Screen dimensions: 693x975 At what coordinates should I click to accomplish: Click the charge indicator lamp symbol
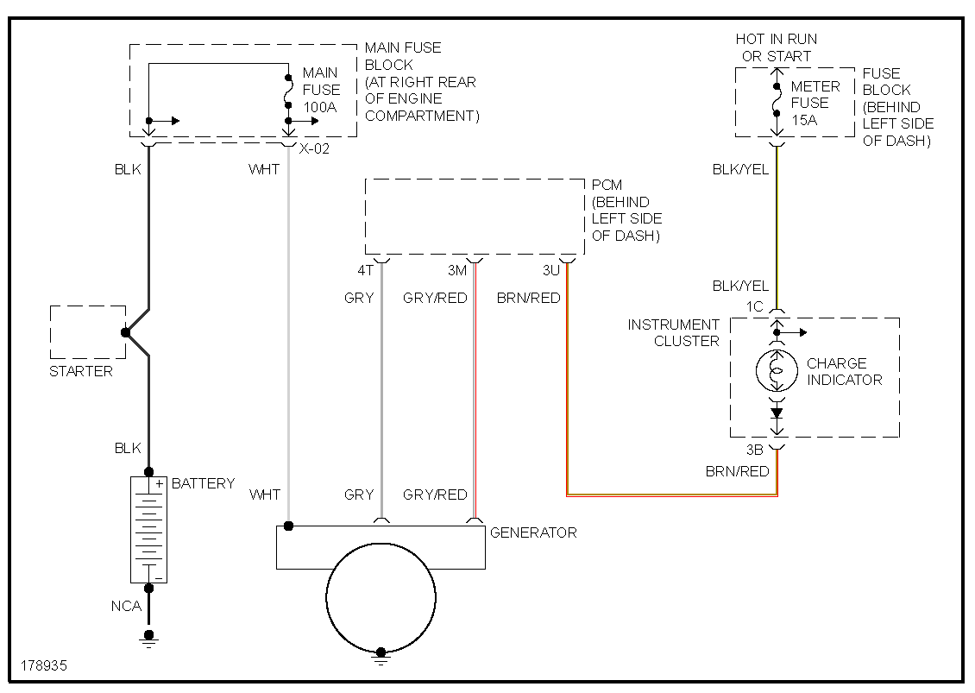point(777,372)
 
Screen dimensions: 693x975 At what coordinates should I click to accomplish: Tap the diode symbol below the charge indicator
point(777,413)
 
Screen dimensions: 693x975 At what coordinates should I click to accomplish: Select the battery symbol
point(148,530)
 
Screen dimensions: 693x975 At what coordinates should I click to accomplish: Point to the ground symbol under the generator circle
point(381,655)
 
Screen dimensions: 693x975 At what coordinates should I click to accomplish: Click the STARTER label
point(81,371)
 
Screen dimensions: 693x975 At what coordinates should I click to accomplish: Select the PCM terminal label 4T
point(366,271)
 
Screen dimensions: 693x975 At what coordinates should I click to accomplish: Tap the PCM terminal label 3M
point(456,271)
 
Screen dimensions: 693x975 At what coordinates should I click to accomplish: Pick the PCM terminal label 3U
point(550,271)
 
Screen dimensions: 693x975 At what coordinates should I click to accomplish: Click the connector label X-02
point(315,148)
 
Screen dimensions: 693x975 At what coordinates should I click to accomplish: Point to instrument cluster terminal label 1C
point(756,306)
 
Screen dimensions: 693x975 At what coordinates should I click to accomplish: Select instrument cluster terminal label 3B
point(756,450)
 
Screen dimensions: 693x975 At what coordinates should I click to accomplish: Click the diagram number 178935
point(44,666)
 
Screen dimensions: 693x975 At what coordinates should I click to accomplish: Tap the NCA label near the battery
point(126,606)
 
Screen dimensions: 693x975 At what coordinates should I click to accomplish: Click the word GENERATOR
point(532,532)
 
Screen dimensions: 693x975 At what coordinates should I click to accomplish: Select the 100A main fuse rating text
point(321,107)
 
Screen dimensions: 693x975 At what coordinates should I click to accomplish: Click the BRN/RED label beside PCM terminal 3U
point(528,298)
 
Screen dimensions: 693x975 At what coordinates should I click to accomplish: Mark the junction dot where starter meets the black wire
point(126,332)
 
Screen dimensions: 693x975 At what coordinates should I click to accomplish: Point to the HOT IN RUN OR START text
point(776,47)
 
